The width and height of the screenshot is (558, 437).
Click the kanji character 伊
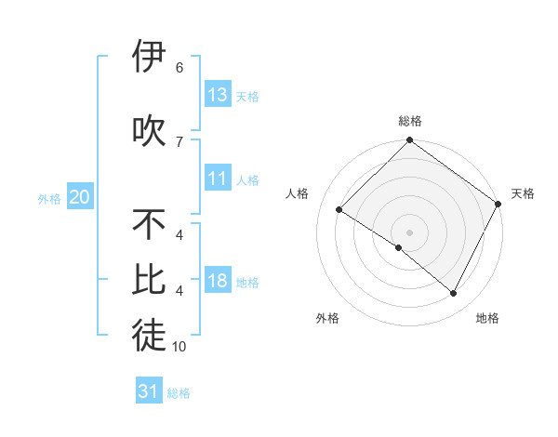149,57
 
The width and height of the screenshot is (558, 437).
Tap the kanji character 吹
149,130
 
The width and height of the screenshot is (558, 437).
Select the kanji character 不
149,225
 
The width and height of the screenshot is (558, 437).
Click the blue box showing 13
218,95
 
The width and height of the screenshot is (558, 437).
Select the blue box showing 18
218,281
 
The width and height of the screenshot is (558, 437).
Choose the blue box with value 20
80,197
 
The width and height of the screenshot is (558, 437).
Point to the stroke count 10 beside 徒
179,347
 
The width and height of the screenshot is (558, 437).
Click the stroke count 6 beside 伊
179,68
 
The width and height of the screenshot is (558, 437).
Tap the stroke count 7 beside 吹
179,141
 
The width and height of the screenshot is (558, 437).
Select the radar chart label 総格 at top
409,121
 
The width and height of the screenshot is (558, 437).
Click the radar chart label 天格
523,193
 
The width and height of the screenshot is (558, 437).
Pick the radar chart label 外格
327,318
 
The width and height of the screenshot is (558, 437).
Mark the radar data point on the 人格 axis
339,210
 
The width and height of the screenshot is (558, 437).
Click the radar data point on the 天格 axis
499,203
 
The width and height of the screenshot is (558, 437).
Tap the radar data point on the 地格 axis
454,294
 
